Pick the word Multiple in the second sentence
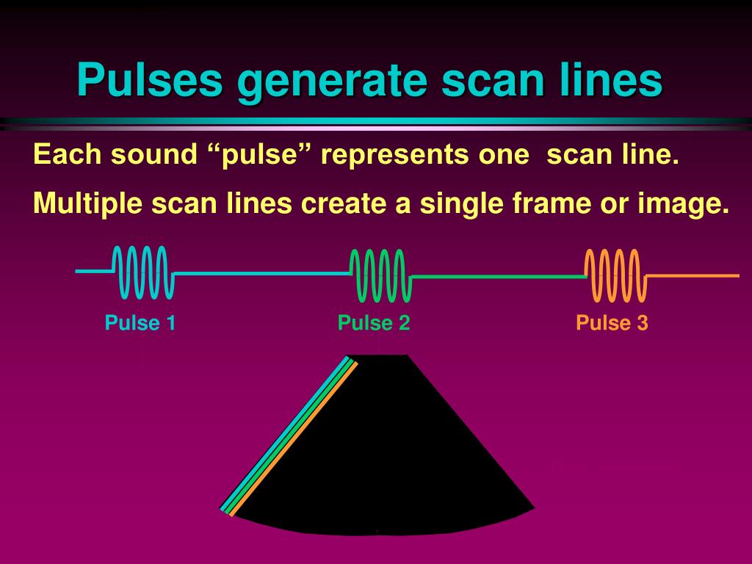pos(87,203)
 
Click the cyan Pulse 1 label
pos(140,323)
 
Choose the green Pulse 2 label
pos(373,323)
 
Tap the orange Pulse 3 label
pos(612,323)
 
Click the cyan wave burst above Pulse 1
pos(142,273)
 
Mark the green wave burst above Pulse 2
pos(380,275)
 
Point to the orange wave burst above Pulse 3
pos(615,275)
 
